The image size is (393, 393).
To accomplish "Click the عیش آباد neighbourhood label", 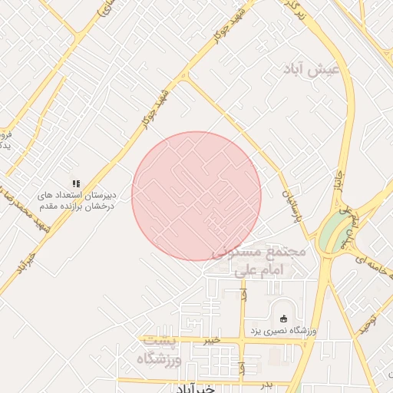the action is pos(321,71).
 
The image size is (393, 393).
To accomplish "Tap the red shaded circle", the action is pos(196,196).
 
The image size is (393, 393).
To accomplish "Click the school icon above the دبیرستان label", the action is pos(75,183).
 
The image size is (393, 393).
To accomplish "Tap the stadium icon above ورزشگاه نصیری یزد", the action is pos(284,319).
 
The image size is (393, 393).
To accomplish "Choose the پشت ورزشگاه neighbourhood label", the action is pos(160,350).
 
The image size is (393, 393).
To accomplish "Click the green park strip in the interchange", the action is pos(332,230).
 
